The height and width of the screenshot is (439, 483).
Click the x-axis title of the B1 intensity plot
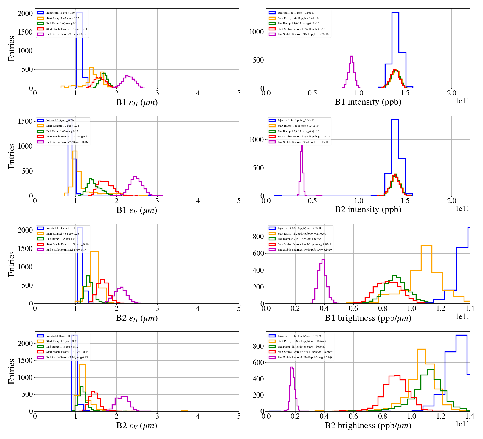[368, 102]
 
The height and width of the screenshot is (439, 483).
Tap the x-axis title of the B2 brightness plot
[368, 426]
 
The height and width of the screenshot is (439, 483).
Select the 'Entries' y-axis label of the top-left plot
[12, 48]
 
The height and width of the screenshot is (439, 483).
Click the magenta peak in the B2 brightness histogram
[292, 368]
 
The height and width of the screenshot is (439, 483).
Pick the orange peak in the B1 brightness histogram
[426, 246]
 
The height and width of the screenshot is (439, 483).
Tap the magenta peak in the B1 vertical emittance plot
[135, 177]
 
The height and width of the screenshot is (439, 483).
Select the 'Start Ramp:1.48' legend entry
[63, 234]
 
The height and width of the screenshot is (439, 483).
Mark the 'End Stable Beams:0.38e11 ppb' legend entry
[303, 142]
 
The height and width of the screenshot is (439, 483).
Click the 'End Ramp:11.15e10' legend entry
[301, 347]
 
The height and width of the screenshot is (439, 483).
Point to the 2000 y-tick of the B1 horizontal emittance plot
[25, 13]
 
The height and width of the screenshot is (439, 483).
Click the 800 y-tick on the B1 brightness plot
[258, 237]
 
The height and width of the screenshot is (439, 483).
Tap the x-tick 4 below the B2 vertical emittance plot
[198, 416]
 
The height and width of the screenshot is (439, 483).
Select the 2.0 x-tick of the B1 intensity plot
[452, 93]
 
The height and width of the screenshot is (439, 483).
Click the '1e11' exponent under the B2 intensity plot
[462, 209]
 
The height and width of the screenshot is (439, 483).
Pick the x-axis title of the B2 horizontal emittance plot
[137, 318]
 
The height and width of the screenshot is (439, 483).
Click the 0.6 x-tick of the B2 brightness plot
[353, 416]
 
